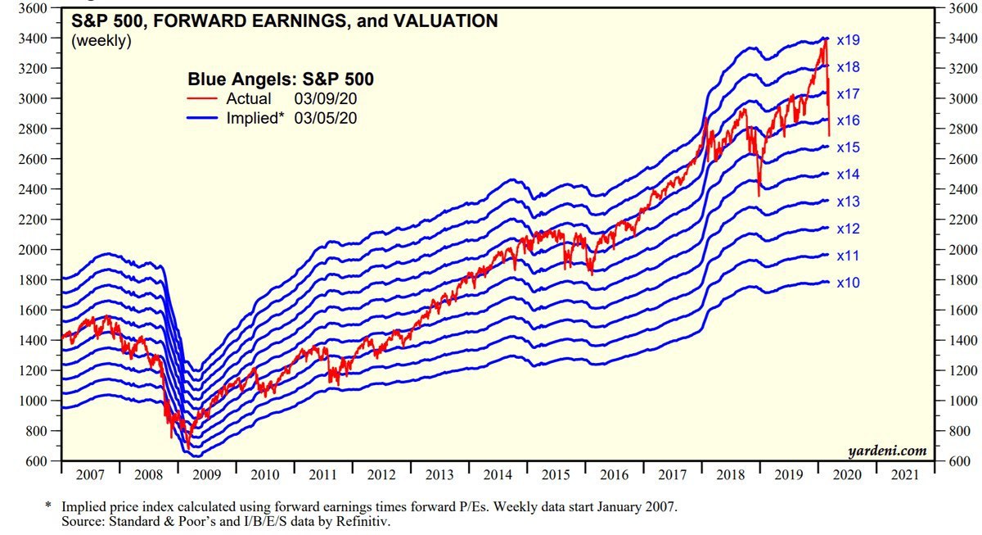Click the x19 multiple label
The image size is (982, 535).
click(x=848, y=39)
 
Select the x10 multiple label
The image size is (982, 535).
click(x=848, y=283)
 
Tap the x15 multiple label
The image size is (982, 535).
click(x=848, y=147)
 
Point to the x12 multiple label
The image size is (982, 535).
click(x=848, y=229)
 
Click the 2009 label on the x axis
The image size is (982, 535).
click(x=207, y=474)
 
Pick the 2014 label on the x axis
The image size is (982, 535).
click(x=498, y=474)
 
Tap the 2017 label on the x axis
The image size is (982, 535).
click(x=673, y=474)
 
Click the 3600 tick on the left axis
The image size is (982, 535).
click(x=34, y=8)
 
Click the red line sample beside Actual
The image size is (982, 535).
click(x=204, y=99)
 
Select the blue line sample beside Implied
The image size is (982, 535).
click(x=204, y=118)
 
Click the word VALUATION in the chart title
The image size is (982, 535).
click(x=443, y=22)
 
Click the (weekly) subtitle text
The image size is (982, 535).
click(x=101, y=40)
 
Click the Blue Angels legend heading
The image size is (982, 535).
click(x=281, y=79)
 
